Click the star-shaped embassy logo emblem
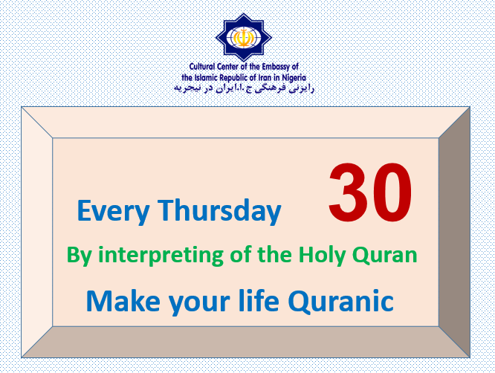coord(243,37)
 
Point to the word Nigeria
coord(294,77)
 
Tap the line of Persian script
coord(244,88)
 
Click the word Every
coord(113,212)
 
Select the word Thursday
coord(219,211)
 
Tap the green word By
coord(79,256)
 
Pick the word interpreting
coord(161,256)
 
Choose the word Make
coord(123,301)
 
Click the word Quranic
coord(341,302)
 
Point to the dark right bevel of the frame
coord(454,233)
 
